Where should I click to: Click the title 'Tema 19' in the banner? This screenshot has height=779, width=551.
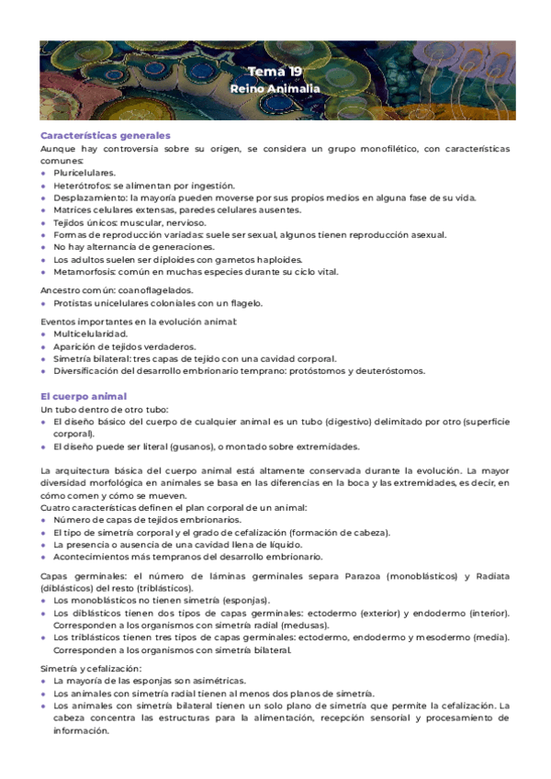pos(275,72)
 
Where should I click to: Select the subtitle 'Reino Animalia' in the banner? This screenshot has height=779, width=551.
pos(275,89)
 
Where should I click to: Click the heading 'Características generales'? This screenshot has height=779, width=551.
pos(106,136)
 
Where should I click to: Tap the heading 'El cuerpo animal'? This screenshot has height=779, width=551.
pos(84,396)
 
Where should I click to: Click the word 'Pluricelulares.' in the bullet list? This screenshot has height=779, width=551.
pos(84,173)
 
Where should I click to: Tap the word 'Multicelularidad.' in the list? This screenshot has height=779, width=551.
pos(90,333)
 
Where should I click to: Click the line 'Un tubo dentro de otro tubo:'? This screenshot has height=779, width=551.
pos(104,409)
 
